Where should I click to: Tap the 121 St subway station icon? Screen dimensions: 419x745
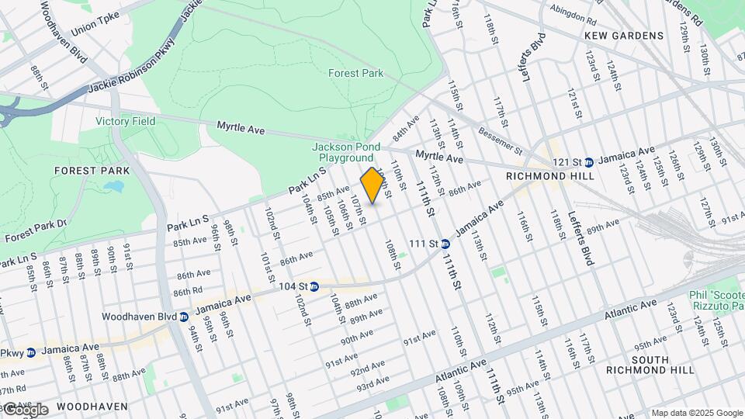tap(588, 162)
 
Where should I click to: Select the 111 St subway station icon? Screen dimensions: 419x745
tap(445, 244)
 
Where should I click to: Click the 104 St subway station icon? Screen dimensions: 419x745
tap(314, 287)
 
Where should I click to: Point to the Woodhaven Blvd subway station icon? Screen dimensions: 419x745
tap(184, 317)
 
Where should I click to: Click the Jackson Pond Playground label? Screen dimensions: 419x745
tap(343, 152)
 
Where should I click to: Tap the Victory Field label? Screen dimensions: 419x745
tap(126, 121)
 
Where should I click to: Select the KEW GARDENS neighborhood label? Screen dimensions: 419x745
tap(625, 36)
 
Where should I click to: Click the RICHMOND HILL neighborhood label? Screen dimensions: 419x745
tap(549, 176)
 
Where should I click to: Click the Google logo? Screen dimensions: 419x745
tap(26, 409)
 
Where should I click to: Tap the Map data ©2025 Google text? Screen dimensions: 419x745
tap(696, 413)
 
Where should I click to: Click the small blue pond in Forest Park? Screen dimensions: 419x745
tap(115, 186)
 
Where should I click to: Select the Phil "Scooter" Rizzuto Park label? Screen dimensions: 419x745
tap(716, 300)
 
